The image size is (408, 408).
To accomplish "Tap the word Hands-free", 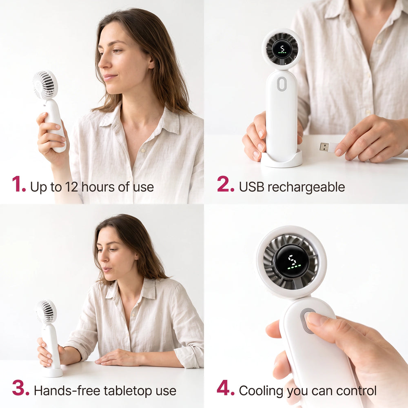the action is tap(67, 390).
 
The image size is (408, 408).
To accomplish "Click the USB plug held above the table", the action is tap(328, 147).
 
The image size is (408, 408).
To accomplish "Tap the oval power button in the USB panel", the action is tap(282, 84).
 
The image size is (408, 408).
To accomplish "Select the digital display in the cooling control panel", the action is tap(292, 261).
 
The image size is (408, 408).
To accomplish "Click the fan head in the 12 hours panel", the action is tap(45, 84).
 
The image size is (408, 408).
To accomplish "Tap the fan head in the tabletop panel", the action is tap(46, 311).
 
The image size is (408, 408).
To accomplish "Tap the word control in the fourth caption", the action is tap(356, 391).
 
